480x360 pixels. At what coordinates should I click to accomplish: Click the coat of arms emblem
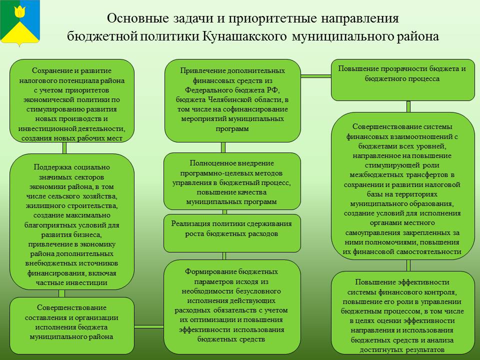pyautogui.click(x=20, y=23)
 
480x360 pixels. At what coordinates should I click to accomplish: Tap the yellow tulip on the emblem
pyautogui.click(x=20, y=11)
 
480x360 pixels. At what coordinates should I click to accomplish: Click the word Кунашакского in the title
pyautogui.click(x=244, y=36)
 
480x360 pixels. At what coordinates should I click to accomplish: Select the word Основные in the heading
pyautogui.click(x=138, y=18)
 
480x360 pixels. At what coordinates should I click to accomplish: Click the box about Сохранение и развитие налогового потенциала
pyautogui.click(x=72, y=100)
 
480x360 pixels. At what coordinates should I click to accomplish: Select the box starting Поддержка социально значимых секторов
pyautogui.click(x=72, y=221)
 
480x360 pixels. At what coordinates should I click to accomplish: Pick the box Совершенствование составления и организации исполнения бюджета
pyautogui.click(x=72, y=325)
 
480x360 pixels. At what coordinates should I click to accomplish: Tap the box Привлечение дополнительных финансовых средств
pyautogui.click(x=232, y=100)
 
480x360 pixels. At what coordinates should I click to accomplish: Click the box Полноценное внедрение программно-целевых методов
pyautogui.click(x=232, y=181)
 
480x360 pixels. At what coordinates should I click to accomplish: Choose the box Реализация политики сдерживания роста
pyautogui.click(x=232, y=233)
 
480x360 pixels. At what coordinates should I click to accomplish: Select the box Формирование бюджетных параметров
pyautogui.click(x=232, y=306)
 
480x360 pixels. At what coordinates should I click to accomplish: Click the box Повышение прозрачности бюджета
pyautogui.click(x=403, y=80)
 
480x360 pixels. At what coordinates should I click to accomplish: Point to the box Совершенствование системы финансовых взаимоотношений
pyautogui.click(x=403, y=186)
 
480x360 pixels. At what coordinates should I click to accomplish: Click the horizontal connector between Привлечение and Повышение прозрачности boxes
pyautogui.click(x=316, y=76)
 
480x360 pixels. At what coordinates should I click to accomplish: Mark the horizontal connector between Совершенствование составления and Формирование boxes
pyautogui.click(x=149, y=326)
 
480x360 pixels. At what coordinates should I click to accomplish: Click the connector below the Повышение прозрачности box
pyautogui.click(x=408, y=106)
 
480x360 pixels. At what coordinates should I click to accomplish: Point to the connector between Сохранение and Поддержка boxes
pyautogui.click(x=64, y=148)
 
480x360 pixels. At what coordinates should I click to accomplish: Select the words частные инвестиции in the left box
pyautogui.click(x=71, y=282)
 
